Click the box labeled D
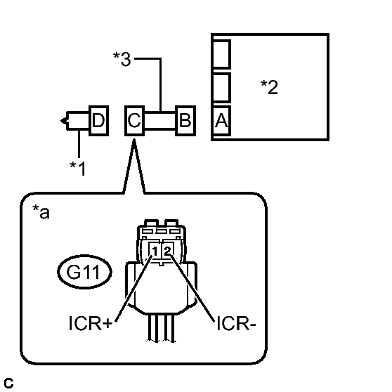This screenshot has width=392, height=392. tap(99, 121)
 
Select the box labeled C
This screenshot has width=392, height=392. tap(134, 121)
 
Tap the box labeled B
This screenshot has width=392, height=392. tap(185, 121)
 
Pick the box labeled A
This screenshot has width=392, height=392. tap(221, 121)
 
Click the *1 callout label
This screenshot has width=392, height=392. tap(78, 168)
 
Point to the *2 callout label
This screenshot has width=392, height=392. tap(269, 87)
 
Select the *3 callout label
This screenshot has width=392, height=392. tap(122, 59)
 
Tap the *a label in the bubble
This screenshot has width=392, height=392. tap(41, 212)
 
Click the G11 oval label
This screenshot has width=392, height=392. tap(84, 272)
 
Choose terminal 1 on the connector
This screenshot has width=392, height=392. tap(155, 251)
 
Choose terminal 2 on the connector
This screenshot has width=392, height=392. tap(168, 251)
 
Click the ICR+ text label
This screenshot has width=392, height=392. tap(91, 323)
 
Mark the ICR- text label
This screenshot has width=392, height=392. tap(236, 323)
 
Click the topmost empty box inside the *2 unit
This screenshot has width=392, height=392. tap(221, 54)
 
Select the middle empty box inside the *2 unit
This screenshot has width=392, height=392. tap(221, 88)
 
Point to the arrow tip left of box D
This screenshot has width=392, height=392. tap(61, 121)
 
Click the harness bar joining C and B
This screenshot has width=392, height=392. tap(160, 121)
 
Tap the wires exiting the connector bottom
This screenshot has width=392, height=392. tap(162, 328)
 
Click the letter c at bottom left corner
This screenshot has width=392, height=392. tap(8, 383)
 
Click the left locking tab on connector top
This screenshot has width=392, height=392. tap(152, 223)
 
